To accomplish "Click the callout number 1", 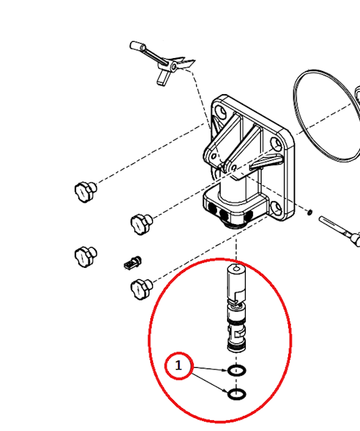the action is (x=179, y=366).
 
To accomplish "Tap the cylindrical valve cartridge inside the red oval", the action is (x=236, y=308).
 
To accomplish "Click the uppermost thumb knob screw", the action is (x=86, y=191).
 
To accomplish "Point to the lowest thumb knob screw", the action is (x=142, y=289).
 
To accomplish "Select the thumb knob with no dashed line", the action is (x=86, y=256).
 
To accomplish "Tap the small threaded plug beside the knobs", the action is (x=132, y=263).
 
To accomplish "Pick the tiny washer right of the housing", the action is (x=310, y=212).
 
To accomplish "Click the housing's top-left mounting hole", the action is (x=221, y=111).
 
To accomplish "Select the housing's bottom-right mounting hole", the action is (x=277, y=208).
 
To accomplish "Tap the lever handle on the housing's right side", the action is (x=266, y=162).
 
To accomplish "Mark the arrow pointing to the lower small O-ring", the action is (x=210, y=383).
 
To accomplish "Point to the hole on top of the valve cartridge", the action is (x=236, y=268).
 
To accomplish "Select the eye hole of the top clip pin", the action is (x=174, y=67).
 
